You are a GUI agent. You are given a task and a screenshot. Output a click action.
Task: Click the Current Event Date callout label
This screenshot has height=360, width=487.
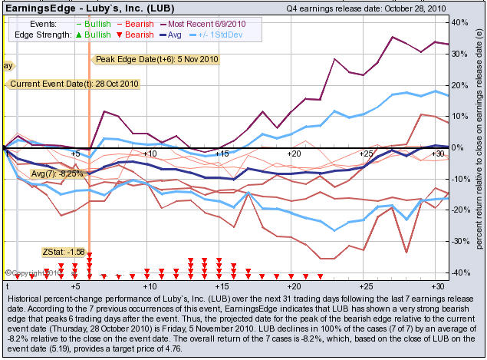point(62,84)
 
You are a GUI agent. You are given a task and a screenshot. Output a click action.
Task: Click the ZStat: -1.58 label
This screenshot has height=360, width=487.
point(63,252)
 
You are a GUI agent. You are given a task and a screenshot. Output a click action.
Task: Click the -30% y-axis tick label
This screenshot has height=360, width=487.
point(458,241)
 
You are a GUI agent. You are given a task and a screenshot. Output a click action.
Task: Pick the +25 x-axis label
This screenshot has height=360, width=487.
point(366,154)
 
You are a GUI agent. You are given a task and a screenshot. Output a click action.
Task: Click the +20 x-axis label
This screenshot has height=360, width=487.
point(293,154)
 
